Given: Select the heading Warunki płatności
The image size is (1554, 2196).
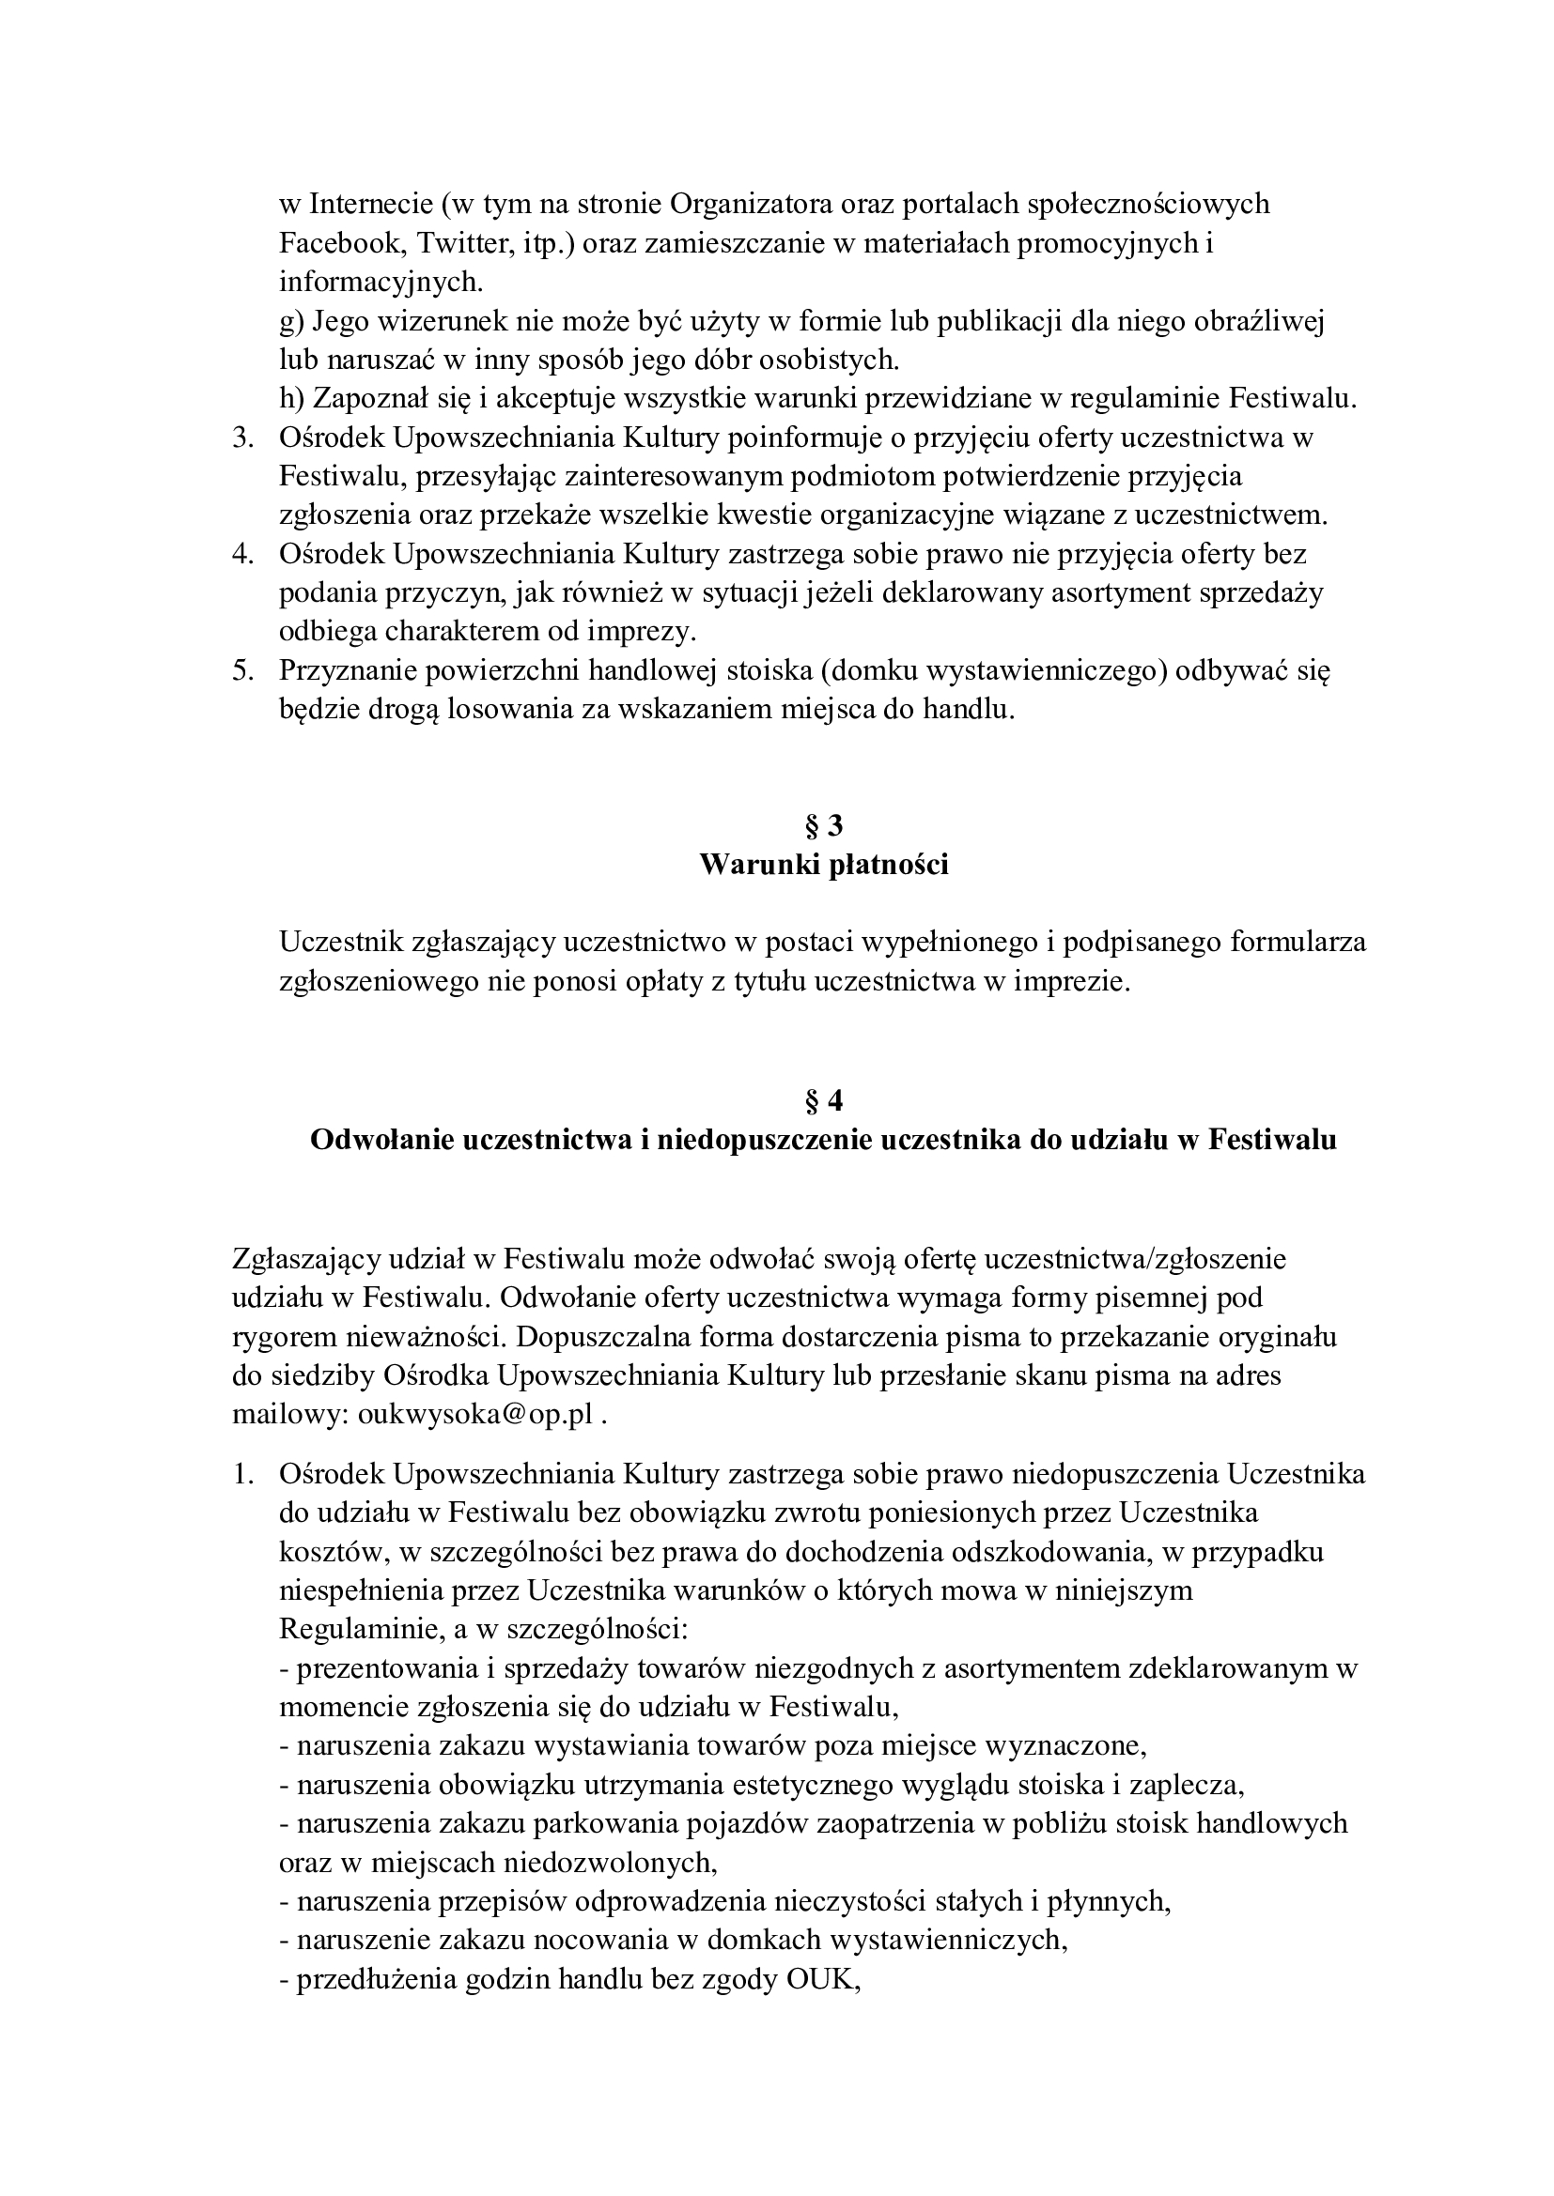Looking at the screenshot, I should coord(824,865).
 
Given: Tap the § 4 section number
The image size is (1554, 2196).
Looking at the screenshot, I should coord(824,1101).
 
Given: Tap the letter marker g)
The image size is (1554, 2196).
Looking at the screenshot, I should coord(291,321).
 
